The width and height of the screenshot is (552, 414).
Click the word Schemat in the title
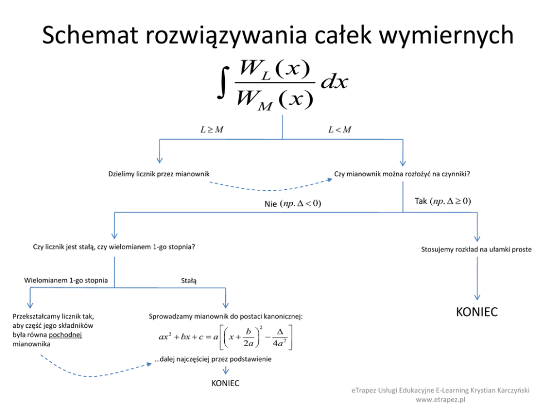90,35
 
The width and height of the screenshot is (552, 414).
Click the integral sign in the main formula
223,83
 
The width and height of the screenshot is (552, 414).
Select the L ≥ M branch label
212,130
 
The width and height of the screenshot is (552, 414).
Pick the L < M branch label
340,130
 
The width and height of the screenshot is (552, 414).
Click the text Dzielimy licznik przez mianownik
159,174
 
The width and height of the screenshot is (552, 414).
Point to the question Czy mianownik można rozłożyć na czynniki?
402,174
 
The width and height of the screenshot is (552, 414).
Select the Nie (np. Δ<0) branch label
293,204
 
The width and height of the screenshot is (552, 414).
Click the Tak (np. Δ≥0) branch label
443,201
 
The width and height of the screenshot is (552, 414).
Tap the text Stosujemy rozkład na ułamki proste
476,249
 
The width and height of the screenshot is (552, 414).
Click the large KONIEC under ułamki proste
477,312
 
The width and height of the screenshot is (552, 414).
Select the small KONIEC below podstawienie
225,383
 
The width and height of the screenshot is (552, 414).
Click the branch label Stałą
189,280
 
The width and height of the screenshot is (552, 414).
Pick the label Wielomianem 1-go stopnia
66,280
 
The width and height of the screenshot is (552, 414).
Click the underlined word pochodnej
65,335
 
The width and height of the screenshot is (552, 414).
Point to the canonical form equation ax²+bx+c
226,337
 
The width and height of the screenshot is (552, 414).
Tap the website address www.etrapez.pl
440,400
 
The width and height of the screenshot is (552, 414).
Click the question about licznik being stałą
114,247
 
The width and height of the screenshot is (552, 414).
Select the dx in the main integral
334,82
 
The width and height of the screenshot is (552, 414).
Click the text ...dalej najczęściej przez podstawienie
213,359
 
